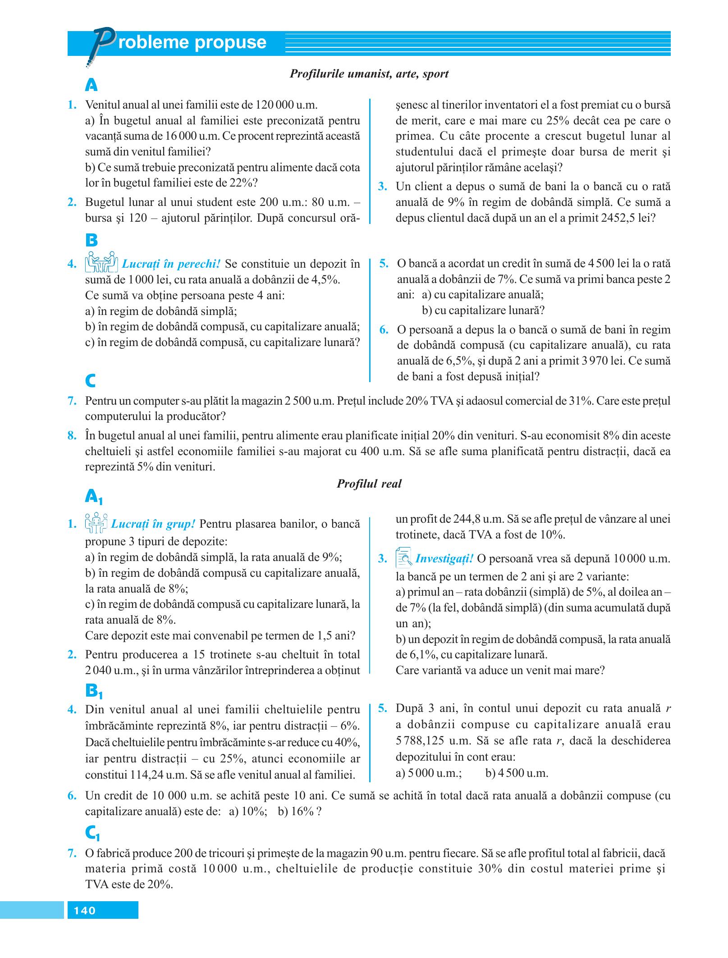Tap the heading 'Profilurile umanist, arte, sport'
tap(369, 74)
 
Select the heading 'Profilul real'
tap(369, 484)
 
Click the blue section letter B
tap(92, 240)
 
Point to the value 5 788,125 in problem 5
tap(423, 740)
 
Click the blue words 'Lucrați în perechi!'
tap(171, 263)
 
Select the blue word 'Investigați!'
tap(444, 559)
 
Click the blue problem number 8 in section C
tap(71, 436)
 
